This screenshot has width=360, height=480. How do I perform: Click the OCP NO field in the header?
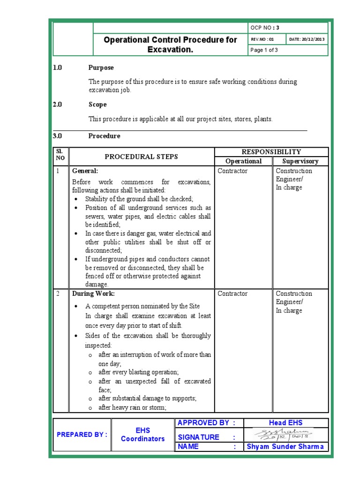265,27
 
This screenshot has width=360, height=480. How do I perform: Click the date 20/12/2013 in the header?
308,39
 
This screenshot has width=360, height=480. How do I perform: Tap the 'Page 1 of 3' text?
264,51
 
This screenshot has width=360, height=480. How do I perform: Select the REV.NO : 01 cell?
262,39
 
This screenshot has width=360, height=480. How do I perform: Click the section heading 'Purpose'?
101,68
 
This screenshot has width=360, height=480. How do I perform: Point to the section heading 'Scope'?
97,105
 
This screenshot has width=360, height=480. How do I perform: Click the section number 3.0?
58,136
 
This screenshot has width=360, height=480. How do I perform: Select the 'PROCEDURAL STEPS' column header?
141,157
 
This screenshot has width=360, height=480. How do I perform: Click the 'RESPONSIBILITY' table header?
271,152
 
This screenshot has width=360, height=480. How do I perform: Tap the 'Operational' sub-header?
244,161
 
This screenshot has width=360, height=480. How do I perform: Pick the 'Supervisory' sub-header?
300,161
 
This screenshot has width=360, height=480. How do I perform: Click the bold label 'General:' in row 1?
85,171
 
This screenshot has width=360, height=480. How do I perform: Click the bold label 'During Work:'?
93,294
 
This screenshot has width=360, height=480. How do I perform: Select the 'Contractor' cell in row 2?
232,294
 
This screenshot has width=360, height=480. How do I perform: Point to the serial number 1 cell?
59,171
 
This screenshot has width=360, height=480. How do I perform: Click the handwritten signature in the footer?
285,434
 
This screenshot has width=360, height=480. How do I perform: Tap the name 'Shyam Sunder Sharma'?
285,447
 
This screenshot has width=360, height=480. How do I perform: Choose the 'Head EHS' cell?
285,423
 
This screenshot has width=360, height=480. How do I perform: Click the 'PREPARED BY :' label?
82,435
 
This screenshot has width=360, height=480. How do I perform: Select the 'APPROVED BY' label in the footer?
203,423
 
